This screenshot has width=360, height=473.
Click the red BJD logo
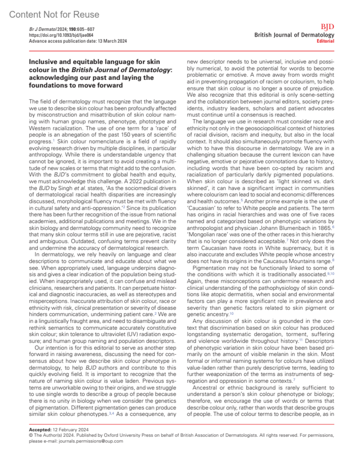tap(327, 27)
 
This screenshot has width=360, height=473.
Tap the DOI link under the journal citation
tap(61, 35)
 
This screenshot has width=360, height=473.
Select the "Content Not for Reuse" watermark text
tap(54, 14)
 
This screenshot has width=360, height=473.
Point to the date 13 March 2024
tap(112, 41)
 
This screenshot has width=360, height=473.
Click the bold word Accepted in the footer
tap(40, 430)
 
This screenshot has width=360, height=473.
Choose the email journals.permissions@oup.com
tap(91, 441)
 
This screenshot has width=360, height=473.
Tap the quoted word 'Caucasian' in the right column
tap(202, 208)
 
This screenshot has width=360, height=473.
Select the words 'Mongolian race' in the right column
tap(208, 234)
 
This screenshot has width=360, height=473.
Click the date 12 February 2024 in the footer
tap(70, 430)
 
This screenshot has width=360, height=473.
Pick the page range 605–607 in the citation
tap(86, 29)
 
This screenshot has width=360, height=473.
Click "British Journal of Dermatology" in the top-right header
tap(294, 35)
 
